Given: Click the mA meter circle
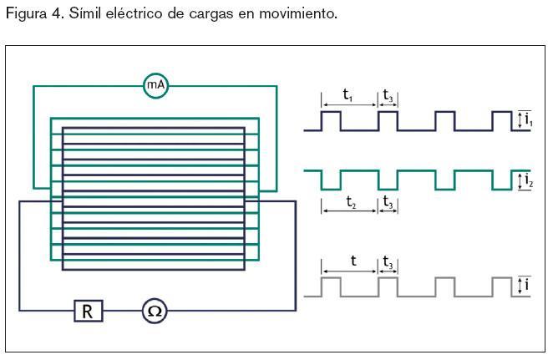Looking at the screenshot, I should [155, 85].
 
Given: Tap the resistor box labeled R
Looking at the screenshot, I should [87, 312].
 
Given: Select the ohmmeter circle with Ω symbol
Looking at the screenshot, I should [155, 312].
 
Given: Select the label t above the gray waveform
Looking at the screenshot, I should [353, 261].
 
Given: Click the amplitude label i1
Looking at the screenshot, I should [528, 121].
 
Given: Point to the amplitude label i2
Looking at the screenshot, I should [528, 180].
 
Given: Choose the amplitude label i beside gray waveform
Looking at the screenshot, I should [527, 286].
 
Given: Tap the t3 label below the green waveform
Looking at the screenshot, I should [388, 201].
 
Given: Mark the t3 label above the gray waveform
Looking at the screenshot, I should [388, 262].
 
